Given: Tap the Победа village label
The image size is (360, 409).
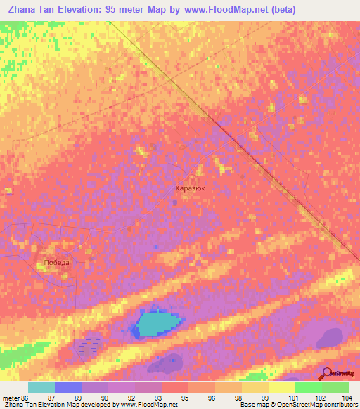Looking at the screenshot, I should click(57, 263).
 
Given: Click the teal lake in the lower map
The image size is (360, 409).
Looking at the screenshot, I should click(158, 323).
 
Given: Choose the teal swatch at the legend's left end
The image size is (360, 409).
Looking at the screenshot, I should click(41, 387).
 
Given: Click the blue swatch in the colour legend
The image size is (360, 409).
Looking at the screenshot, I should click(67, 387).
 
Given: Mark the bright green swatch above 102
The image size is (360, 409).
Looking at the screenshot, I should click(308, 387).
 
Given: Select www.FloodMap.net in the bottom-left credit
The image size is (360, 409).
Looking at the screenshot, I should click(150, 405).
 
